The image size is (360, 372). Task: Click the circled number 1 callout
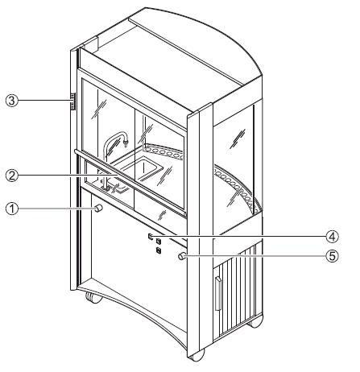tap(12, 209)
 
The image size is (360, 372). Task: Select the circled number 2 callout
tap(12, 176)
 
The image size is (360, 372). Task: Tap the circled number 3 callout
tap(12, 101)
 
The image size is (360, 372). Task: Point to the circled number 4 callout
tap(333, 237)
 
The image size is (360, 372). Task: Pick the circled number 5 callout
tap(333, 256)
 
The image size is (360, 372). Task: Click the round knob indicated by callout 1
tap(98, 209)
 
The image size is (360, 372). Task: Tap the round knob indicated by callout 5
tap(182, 256)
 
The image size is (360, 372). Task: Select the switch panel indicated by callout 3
tap(72, 101)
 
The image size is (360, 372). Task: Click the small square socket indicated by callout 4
tap(151, 236)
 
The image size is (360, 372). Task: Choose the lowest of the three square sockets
tap(159, 250)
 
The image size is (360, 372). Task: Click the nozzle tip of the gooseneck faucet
tap(125, 144)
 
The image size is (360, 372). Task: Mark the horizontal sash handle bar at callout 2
tap(130, 182)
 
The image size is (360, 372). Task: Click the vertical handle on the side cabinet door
tap(218, 294)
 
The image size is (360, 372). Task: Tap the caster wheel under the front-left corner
tap(94, 298)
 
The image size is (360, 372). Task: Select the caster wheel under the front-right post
tap(197, 355)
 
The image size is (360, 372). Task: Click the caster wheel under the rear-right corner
tap(254, 322)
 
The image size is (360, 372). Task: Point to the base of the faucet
tap(106, 188)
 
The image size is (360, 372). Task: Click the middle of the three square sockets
tap(159, 240)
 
